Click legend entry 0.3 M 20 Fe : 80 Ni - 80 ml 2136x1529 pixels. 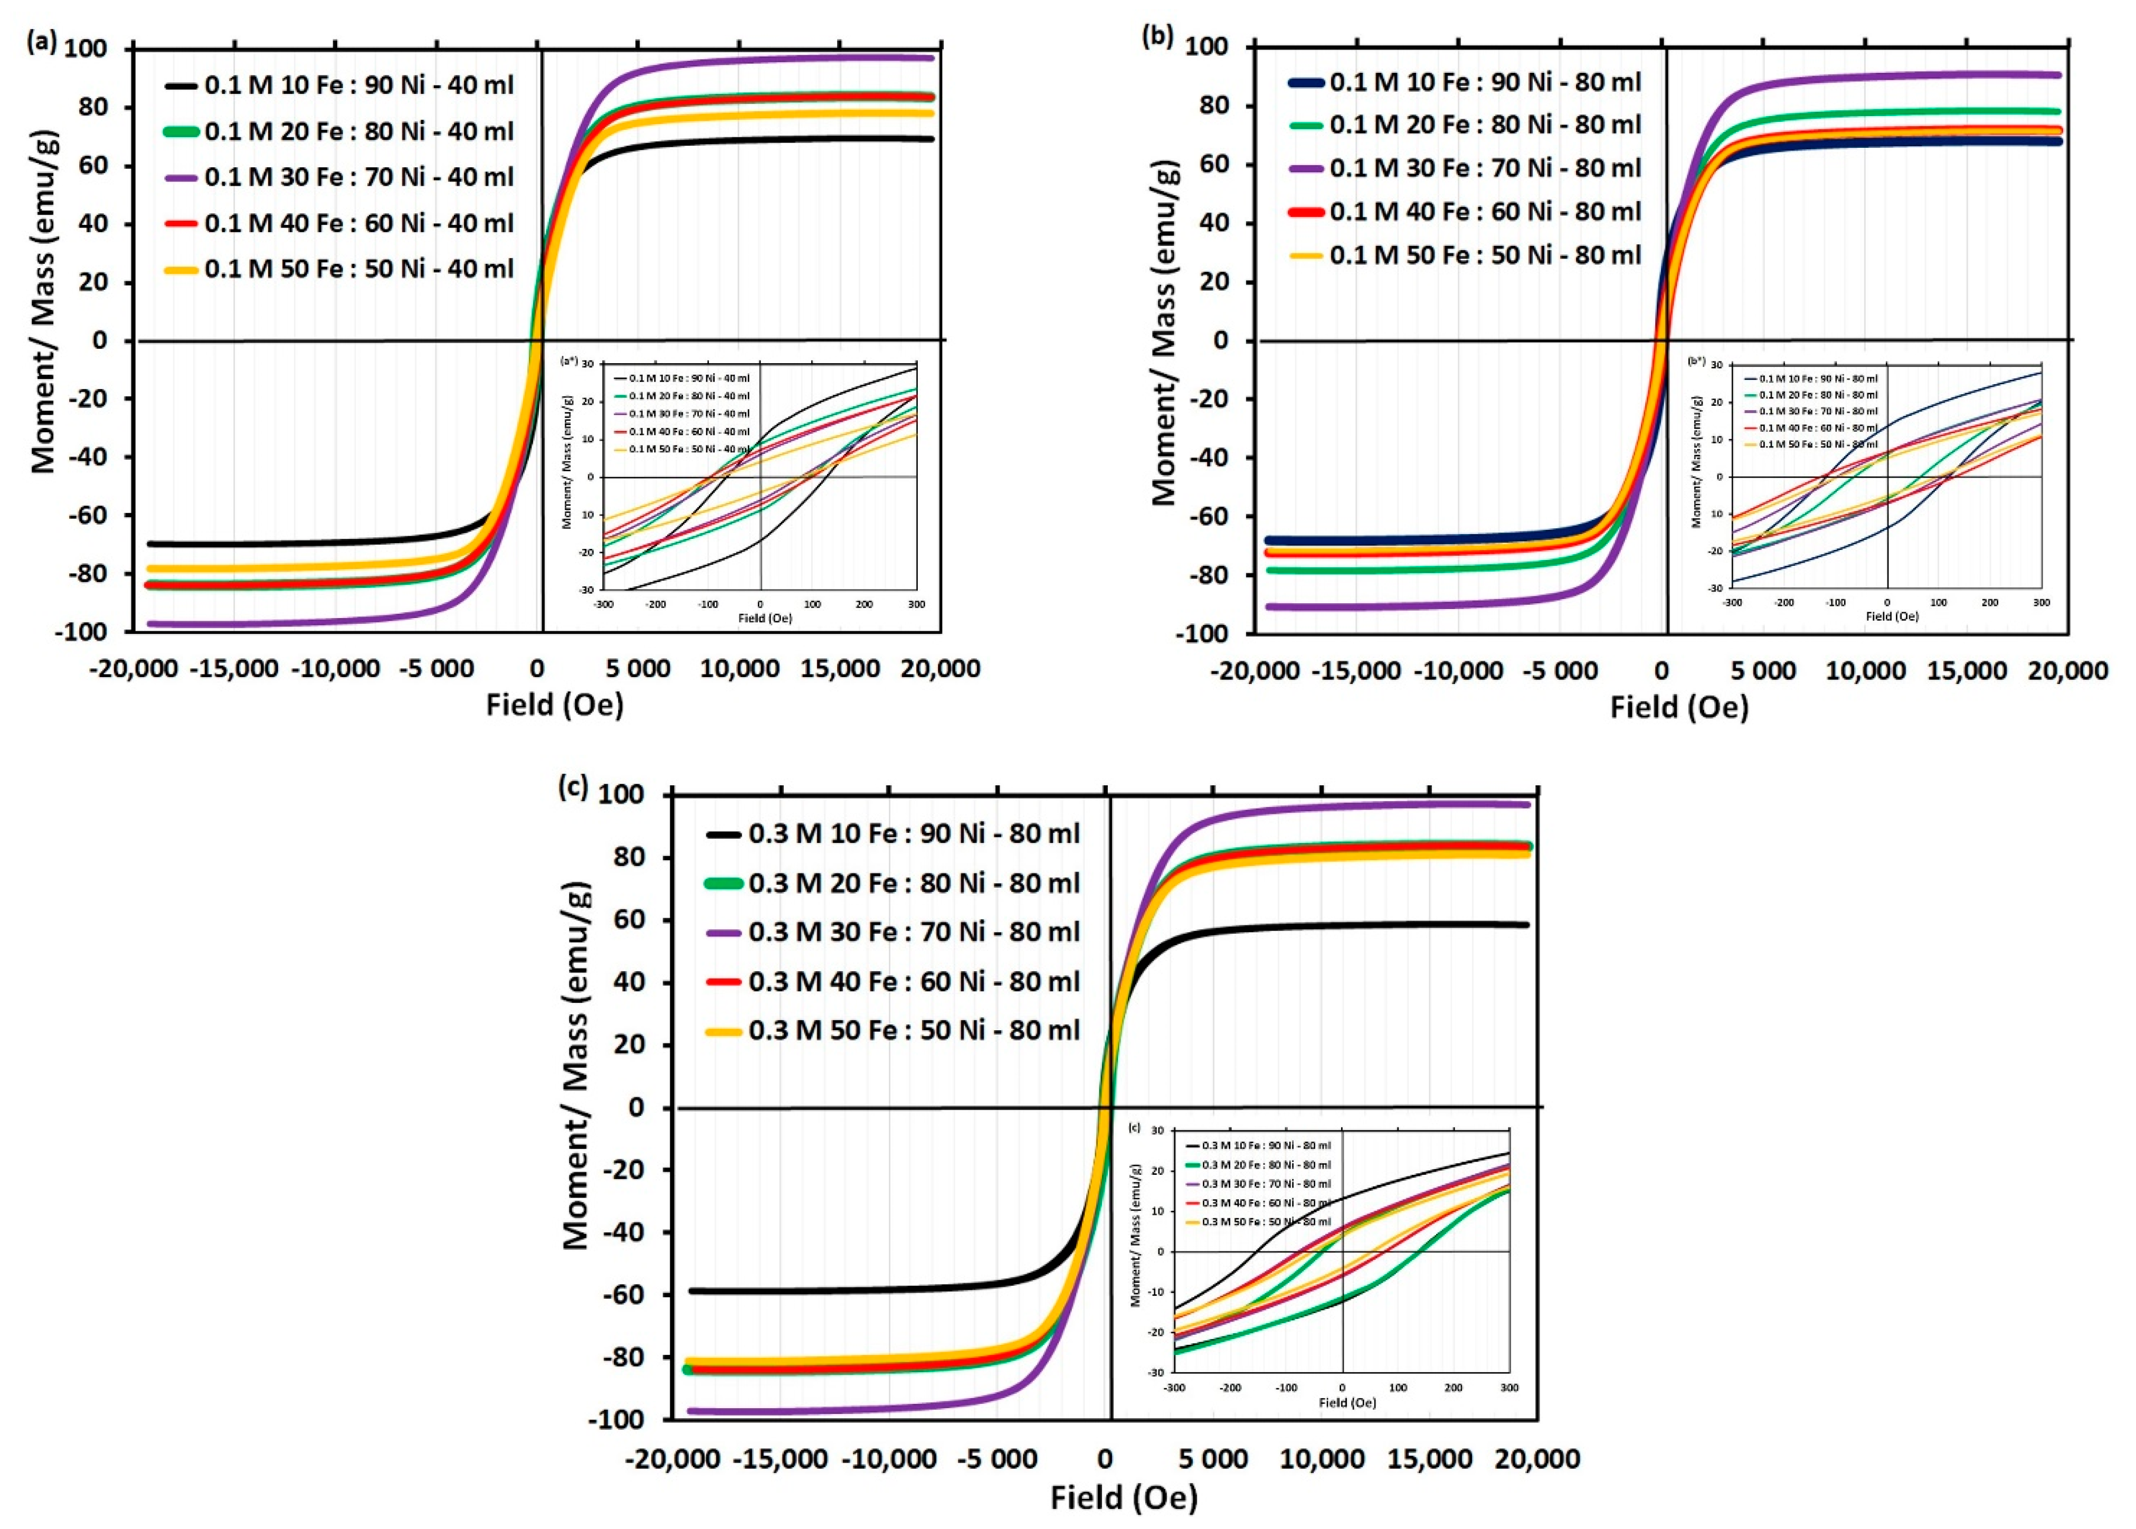point(913,883)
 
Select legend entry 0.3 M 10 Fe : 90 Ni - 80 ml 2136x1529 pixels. point(913,834)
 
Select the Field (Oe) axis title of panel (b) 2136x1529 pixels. point(1678,707)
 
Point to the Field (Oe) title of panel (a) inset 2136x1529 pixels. point(764,619)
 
